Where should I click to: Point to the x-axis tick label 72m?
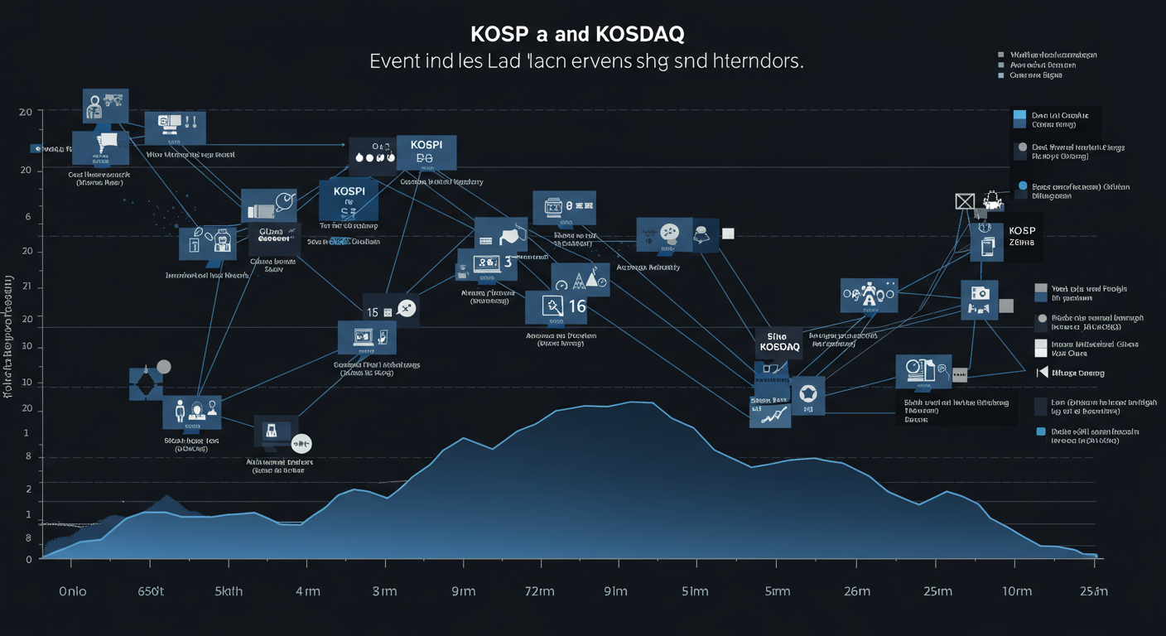point(539,591)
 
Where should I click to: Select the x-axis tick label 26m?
point(856,591)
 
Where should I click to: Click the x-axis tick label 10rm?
point(1016,591)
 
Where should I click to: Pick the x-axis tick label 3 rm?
point(385,591)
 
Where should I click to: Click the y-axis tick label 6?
point(27,217)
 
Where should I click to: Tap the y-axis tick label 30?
point(27,346)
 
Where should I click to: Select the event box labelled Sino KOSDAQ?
point(779,342)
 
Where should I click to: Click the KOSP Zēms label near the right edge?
point(1022,236)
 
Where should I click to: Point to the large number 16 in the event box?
point(576,306)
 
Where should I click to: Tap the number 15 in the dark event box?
point(373,311)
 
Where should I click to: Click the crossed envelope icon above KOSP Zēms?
point(965,200)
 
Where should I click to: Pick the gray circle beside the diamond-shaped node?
point(163,367)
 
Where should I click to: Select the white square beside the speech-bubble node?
point(728,234)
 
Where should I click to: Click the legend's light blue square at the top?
point(1019,115)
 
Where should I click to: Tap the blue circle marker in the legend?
point(1022,186)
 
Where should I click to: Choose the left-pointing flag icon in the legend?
point(1042,372)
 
